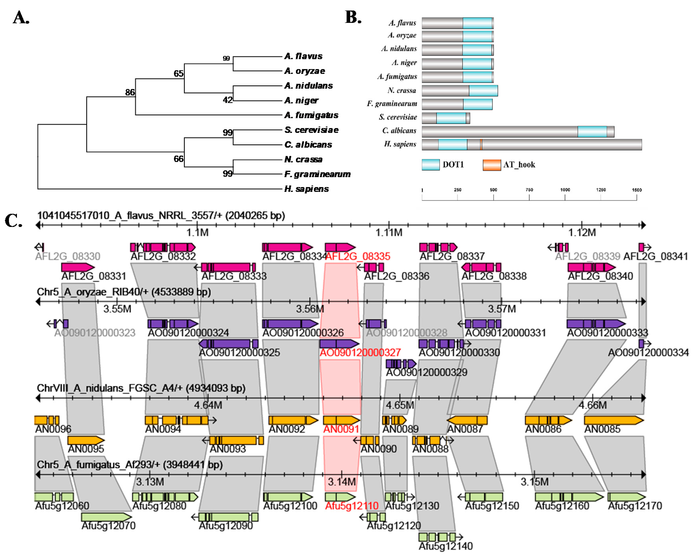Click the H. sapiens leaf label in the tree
[306, 189]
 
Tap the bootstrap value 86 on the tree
[130, 93]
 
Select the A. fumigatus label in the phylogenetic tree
[311, 115]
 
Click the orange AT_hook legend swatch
[492, 165]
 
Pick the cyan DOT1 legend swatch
[430, 165]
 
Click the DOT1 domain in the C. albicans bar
[592, 132]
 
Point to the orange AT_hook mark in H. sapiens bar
[481, 145]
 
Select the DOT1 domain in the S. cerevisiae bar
[451, 118]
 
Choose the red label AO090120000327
[360, 352]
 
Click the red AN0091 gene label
[341, 429]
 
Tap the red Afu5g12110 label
[351, 506]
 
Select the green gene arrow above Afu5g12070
[106, 517]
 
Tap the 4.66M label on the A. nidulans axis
[593, 405]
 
